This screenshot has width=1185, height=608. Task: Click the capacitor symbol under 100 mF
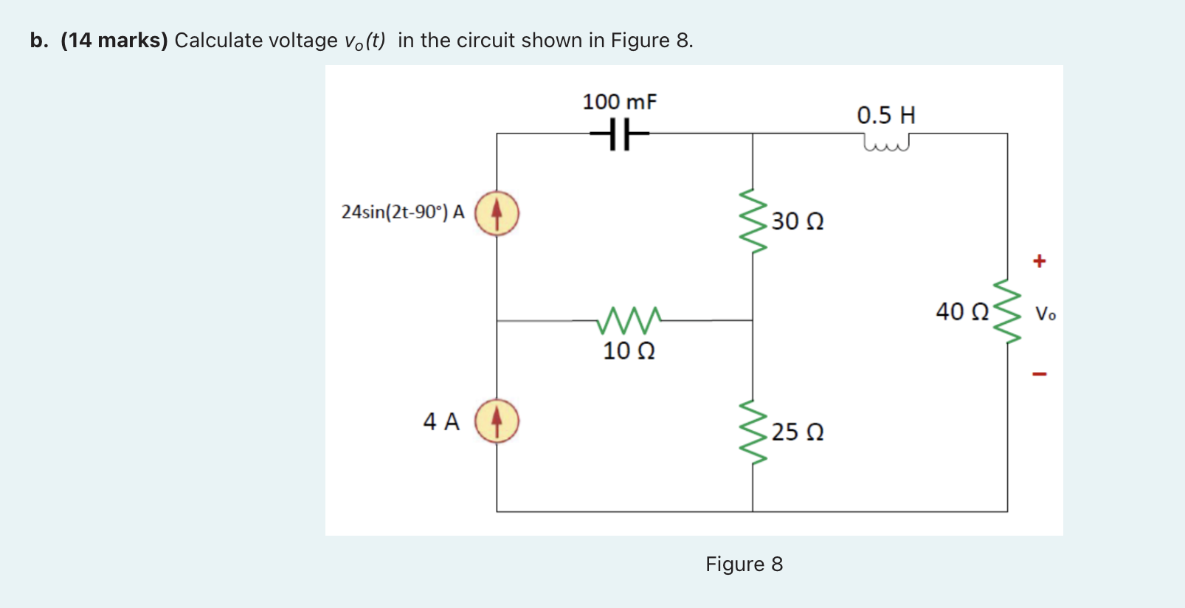click(x=620, y=135)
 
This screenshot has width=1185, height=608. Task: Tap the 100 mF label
click(x=619, y=102)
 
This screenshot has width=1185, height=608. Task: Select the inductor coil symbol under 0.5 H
click(x=885, y=142)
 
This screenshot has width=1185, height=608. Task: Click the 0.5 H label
click(x=885, y=115)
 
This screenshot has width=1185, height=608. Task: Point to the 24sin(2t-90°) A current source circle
click(x=497, y=213)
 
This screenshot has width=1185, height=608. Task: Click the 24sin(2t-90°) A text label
click(x=403, y=213)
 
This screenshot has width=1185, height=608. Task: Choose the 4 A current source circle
click(x=497, y=421)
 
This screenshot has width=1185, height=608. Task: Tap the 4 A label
click(x=441, y=421)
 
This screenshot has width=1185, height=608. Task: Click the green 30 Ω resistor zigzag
click(x=753, y=221)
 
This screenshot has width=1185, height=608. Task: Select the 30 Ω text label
click(x=798, y=221)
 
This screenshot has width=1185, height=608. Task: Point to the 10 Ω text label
click(x=629, y=350)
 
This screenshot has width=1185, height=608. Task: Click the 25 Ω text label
click(x=798, y=432)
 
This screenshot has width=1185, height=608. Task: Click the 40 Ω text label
click(x=962, y=311)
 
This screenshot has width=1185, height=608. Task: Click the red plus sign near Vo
click(x=1039, y=260)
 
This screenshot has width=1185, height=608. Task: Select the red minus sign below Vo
click(x=1039, y=374)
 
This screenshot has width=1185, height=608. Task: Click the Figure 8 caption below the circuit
click(x=744, y=564)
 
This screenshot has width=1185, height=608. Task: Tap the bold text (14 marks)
click(x=114, y=41)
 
